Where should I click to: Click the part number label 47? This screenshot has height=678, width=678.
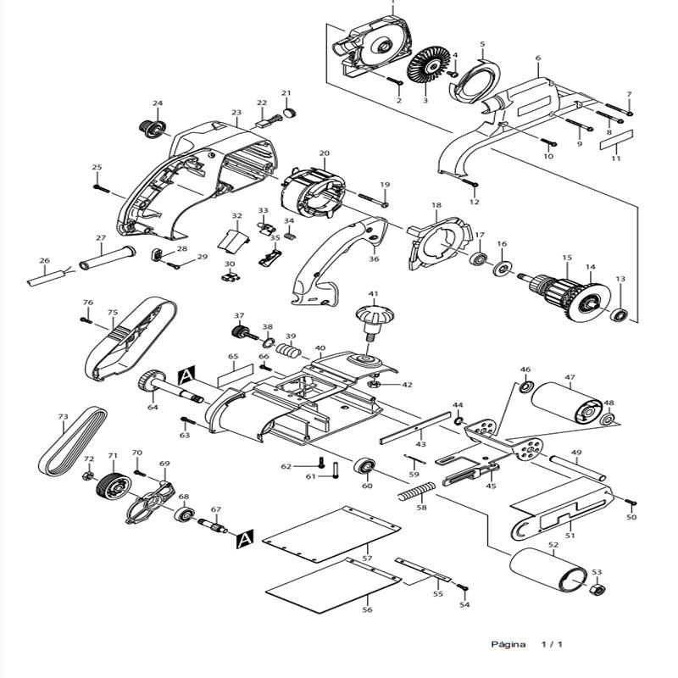(570, 378)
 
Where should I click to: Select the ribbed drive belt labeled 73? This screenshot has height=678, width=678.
(73, 442)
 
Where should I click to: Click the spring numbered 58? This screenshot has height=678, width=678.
(418, 492)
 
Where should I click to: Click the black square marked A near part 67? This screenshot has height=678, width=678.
(244, 538)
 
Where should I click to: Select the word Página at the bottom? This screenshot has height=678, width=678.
(508, 645)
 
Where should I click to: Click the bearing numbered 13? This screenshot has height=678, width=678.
(620, 316)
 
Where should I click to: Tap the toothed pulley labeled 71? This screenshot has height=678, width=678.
(111, 487)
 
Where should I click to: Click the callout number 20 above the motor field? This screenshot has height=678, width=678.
(324, 153)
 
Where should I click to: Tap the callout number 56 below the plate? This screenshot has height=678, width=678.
(367, 609)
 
